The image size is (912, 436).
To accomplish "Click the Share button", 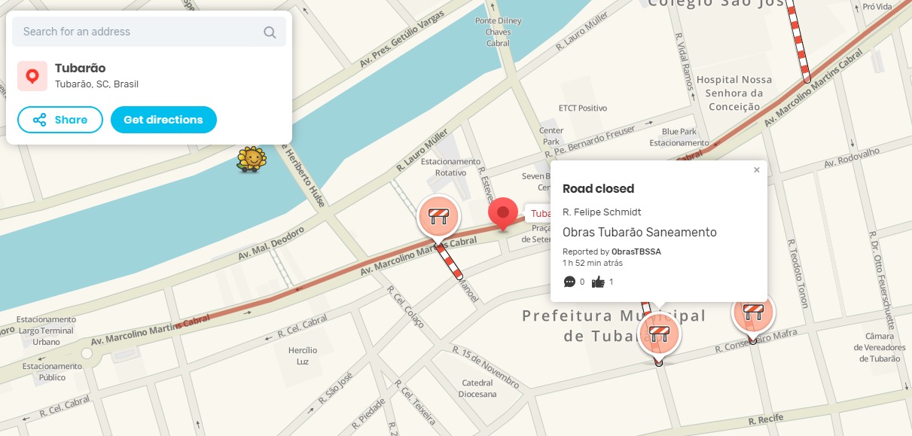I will [x=59, y=120].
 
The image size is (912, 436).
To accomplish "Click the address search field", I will [x=136, y=32].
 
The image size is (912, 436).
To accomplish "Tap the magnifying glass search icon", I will [x=270, y=32].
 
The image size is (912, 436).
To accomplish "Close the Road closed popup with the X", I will [x=757, y=170].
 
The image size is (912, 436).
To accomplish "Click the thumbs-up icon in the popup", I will [x=599, y=282].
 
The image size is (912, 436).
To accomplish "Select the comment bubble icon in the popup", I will [x=569, y=282].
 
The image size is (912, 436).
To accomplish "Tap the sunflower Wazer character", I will [x=252, y=159].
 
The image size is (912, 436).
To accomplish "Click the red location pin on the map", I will [x=502, y=213].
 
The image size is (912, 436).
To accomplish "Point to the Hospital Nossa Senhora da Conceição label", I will [x=734, y=93].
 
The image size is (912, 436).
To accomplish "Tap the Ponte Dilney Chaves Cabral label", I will [x=498, y=32].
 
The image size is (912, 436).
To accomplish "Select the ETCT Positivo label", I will [x=582, y=108].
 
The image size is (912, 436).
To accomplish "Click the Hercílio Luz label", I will [x=303, y=356].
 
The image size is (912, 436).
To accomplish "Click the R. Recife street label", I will [x=767, y=419].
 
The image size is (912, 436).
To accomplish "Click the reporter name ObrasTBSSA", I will [x=636, y=252].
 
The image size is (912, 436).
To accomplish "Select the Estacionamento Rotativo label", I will [x=450, y=166].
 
